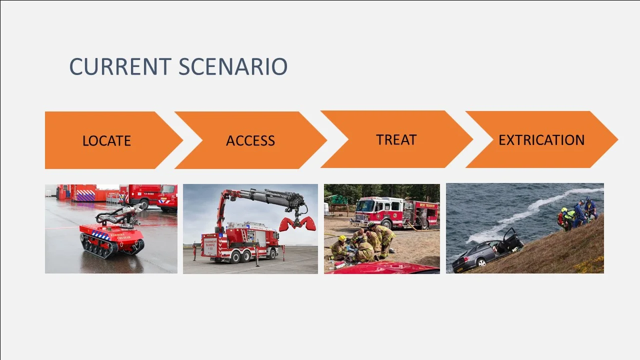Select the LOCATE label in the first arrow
tap(106, 140)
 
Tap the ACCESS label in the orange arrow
tap(250, 140)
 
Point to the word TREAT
tap(396, 139)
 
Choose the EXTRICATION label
tap(541, 140)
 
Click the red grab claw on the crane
tap(298, 223)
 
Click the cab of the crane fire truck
tap(269, 237)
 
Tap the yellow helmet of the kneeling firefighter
tap(342, 238)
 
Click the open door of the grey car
tap(511, 239)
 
